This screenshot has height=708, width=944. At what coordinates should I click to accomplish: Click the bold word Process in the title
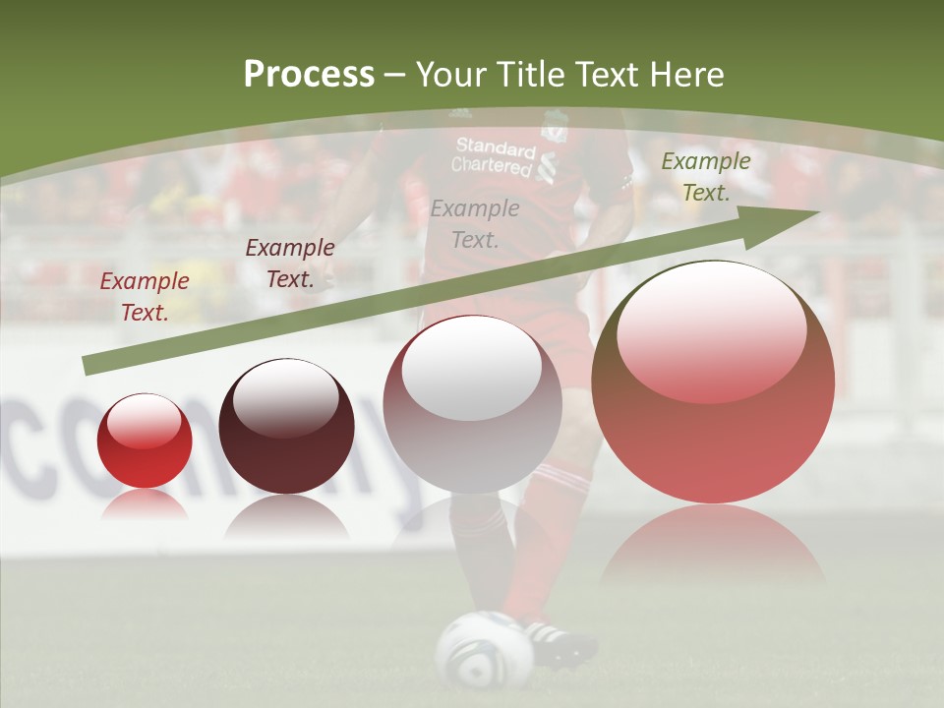coord(309,75)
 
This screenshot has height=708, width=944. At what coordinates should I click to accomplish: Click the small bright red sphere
coord(145,441)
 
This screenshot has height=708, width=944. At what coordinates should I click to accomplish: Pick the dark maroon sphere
coord(286,426)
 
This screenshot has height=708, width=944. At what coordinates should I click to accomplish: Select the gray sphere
coord(472,405)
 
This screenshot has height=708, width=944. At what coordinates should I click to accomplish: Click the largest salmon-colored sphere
coord(713,383)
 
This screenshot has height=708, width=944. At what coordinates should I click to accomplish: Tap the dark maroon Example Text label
coord(290,264)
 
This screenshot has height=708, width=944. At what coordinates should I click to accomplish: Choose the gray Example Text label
coord(475,223)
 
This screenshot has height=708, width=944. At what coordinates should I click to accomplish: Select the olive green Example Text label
coord(705,177)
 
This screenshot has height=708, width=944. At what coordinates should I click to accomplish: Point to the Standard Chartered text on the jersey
coord(494,157)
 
